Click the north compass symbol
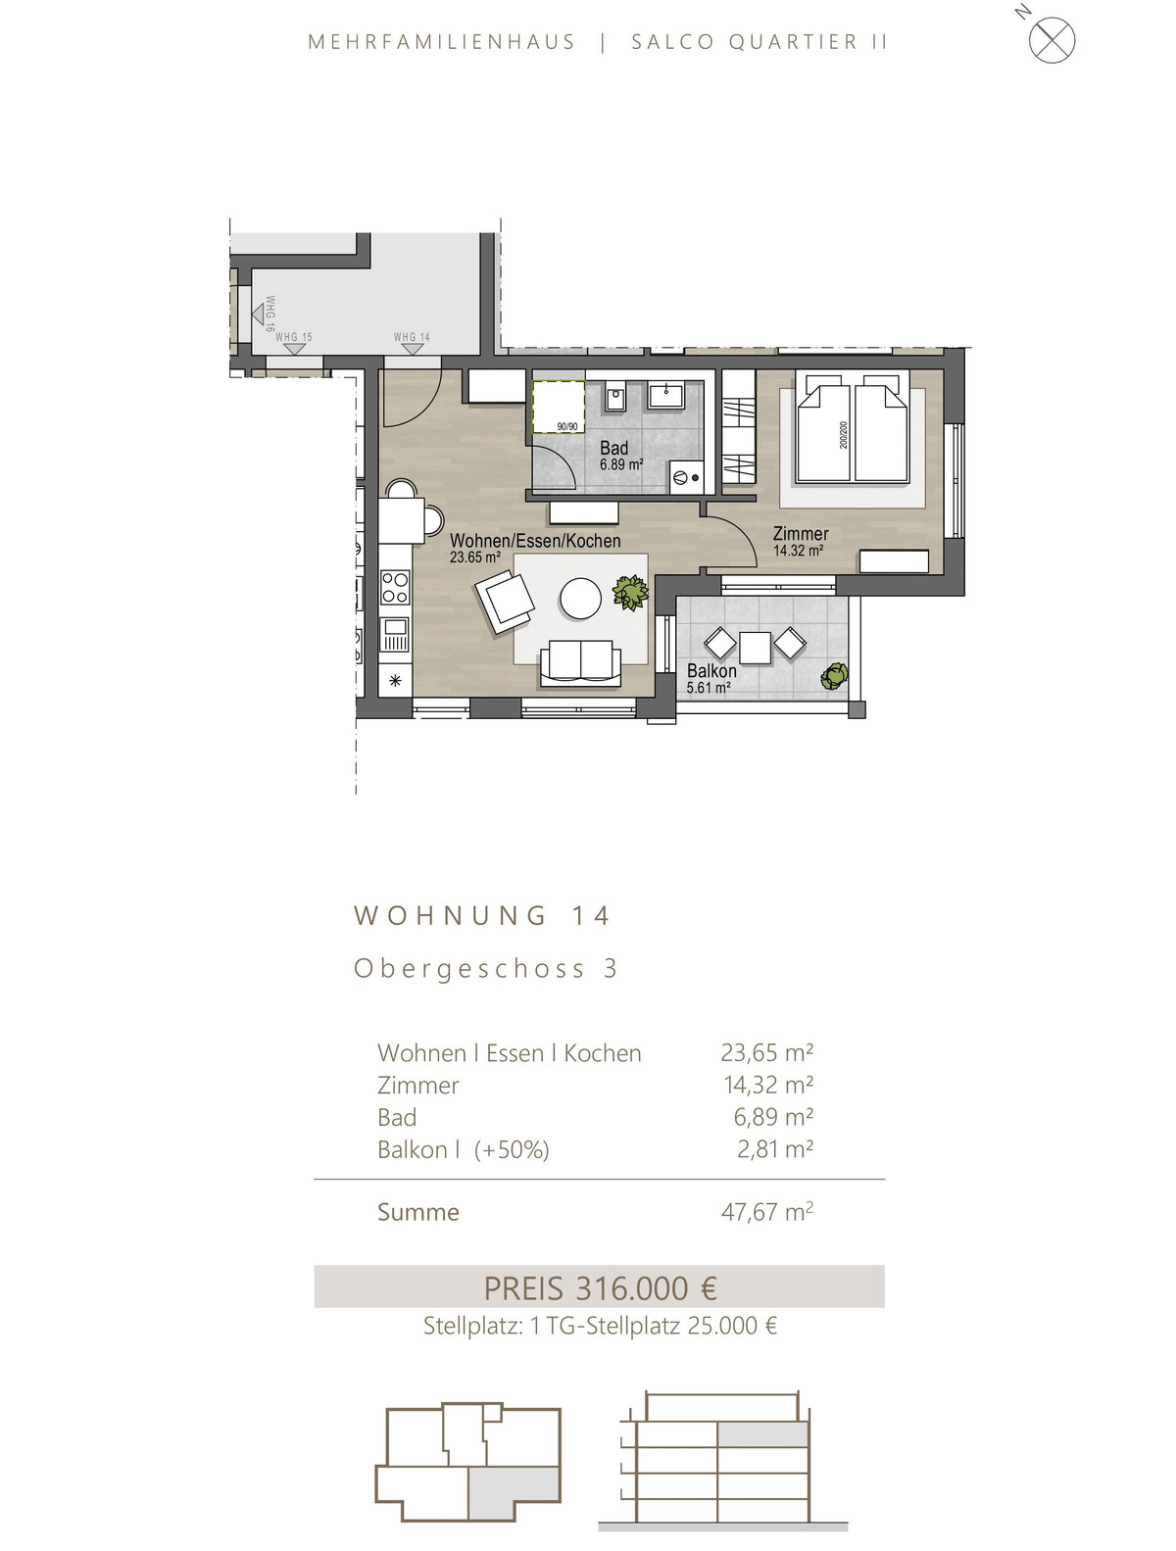tap(1051, 39)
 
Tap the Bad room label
tap(613, 448)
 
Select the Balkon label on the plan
tap(710, 670)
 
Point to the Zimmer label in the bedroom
tap(800, 533)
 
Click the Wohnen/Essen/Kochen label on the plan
tap(535, 541)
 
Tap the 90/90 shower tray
tap(559, 407)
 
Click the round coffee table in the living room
tap(580, 599)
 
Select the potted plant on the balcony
tap(834, 675)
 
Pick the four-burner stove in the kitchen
tap(394, 588)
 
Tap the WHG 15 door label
tap(293, 337)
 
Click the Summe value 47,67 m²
tap(766, 1212)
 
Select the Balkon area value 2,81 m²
tap(774, 1149)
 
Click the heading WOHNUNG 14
tap(481, 916)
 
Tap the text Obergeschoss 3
tap(485, 968)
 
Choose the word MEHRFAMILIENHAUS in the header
tap(442, 42)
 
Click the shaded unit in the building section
tap(762, 1434)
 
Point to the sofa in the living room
tap(580, 663)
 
